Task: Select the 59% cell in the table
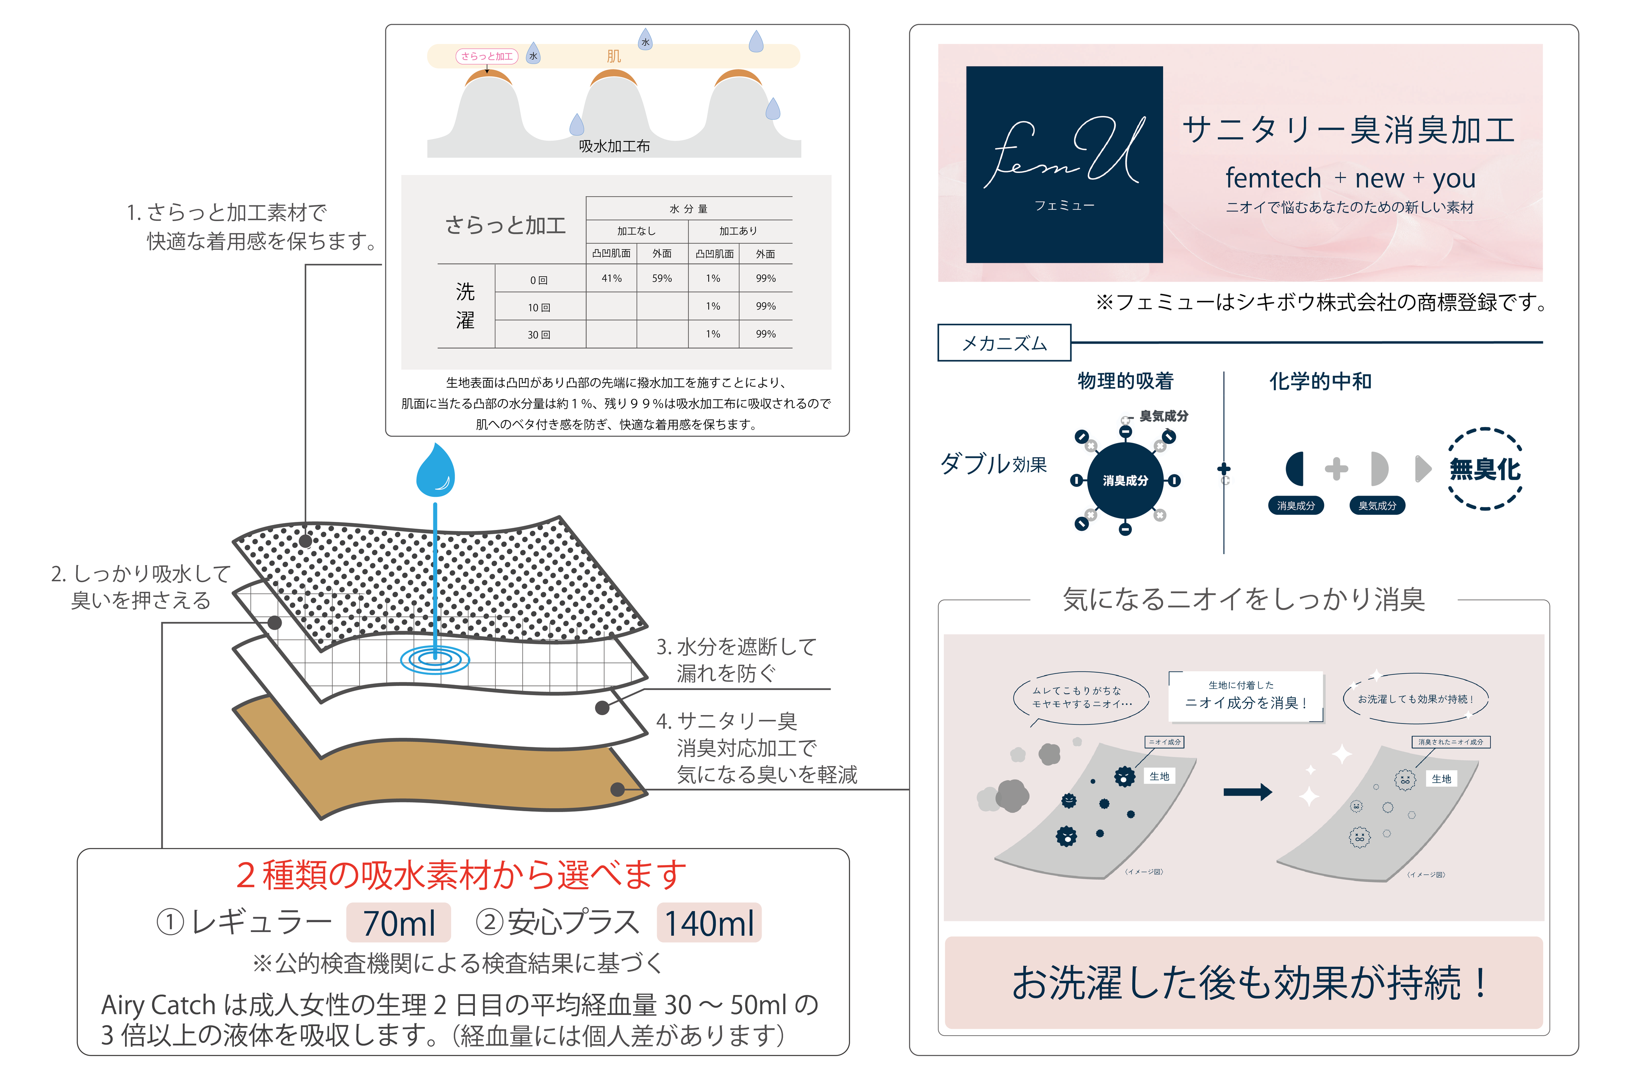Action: [662, 278]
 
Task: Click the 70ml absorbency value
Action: [399, 923]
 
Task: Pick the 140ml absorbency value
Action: [709, 923]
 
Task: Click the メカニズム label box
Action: [1003, 343]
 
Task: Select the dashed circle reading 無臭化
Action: [1485, 469]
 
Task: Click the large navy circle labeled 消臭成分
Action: [1125, 480]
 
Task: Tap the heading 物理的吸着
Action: [1125, 380]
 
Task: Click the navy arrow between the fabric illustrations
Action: [1247, 791]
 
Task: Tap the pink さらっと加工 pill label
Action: [487, 56]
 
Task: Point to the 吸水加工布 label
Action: [614, 146]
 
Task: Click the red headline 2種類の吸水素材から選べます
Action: [462, 875]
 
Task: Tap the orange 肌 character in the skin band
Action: [614, 56]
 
